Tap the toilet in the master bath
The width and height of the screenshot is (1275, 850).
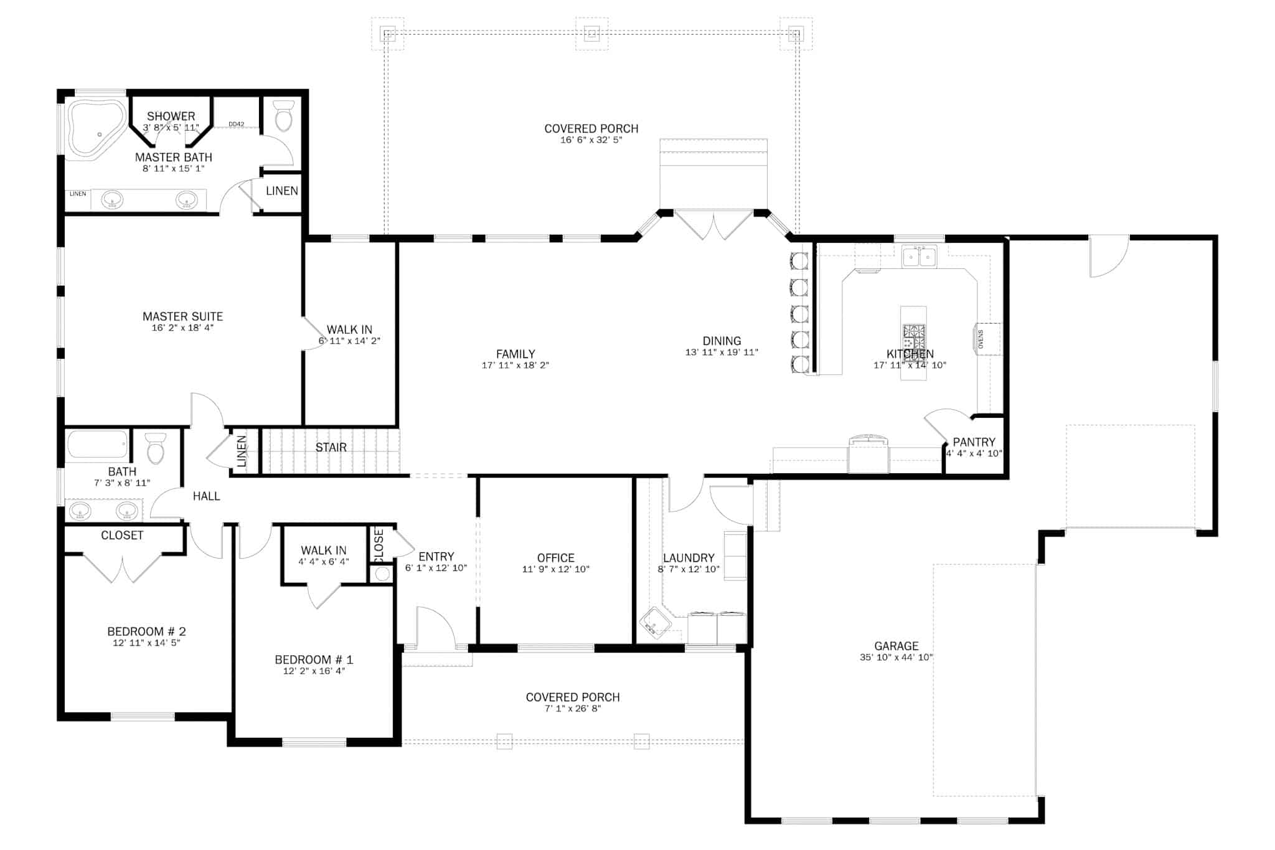tap(284, 116)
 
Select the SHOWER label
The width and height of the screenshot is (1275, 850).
tap(171, 116)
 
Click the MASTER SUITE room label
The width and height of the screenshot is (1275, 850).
tap(182, 316)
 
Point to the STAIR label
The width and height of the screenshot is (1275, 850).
tap(331, 448)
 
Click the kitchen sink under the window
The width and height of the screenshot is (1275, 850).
tap(920, 257)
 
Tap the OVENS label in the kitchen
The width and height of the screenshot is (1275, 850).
tap(981, 339)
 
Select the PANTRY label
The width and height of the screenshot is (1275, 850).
tap(974, 442)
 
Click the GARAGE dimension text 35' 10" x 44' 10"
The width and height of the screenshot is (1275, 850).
tap(896, 658)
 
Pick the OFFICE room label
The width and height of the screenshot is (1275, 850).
tap(555, 558)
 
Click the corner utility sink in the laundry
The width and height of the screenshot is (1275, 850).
tap(654, 625)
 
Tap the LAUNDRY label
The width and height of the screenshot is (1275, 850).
tap(689, 558)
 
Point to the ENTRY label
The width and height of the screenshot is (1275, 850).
tap(436, 557)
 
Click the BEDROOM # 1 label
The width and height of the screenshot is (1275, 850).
tap(314, 659)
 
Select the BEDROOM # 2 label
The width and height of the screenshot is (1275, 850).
tap(146, 631)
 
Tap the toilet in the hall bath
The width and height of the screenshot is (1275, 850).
tap(156, 448)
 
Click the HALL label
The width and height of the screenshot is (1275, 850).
tap(206, 496)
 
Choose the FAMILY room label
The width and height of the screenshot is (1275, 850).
tap(515, 354)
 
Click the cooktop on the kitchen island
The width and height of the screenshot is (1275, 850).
tap(913, 336)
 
